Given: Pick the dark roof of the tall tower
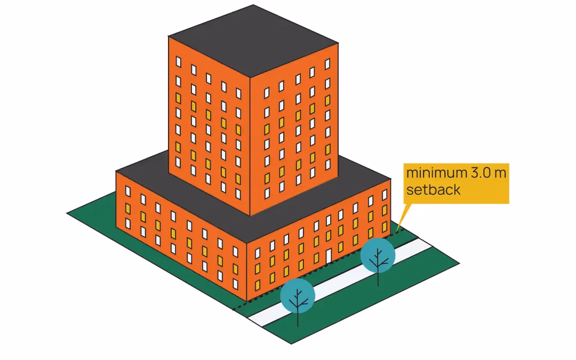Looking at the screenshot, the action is pyautogui.click(x=253, y=40).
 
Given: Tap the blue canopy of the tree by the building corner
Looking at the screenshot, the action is pyautogui.click(x=298, y=295).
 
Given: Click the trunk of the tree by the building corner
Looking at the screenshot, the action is pyautogui.click(x=298, y=317).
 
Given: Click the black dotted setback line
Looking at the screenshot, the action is pyautogui.click(x=320, y=270).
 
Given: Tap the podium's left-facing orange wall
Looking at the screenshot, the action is pyautogui.click(x=181, y=235).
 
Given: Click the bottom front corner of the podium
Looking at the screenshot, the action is pyautogui.click(x=247, y=300).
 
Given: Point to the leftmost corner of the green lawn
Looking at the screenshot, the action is pyautogui.click(x=68, y=213).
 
